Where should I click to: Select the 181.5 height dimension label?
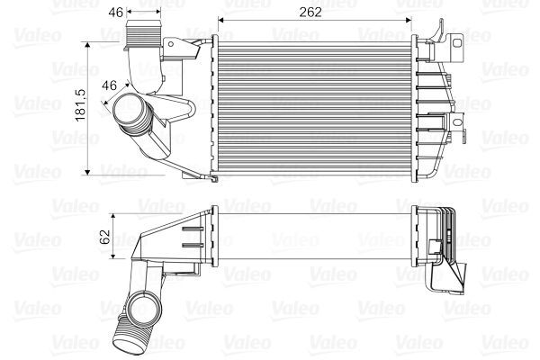coord(79,104)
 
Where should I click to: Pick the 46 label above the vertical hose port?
coord(115,13)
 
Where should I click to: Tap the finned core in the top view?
coord(314,105)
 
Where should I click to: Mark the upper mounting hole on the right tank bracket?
coord(458,40)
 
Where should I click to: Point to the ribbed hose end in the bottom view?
coord(124,339)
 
